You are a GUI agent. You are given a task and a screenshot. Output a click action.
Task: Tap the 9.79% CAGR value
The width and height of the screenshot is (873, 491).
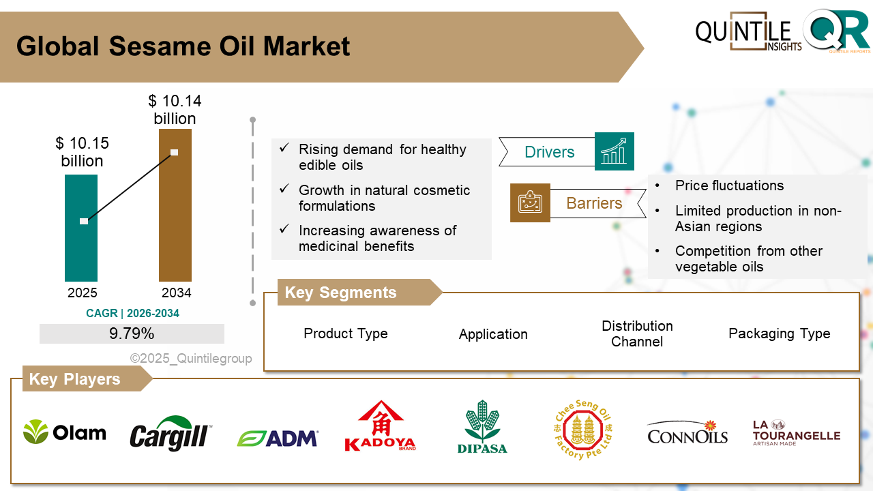132,333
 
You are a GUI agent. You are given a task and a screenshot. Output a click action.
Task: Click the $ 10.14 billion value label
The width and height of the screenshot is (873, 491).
175,110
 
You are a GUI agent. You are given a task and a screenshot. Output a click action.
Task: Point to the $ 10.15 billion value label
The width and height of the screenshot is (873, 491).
82,152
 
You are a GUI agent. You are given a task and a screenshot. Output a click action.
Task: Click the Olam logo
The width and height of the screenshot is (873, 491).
65,432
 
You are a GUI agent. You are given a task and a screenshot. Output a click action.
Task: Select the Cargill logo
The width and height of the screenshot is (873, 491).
171,434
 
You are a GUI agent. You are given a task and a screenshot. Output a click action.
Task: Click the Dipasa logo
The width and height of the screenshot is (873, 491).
482,427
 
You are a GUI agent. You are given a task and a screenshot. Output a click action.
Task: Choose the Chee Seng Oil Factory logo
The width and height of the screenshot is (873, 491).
582,430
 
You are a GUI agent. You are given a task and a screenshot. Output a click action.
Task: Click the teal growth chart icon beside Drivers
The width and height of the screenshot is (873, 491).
614,151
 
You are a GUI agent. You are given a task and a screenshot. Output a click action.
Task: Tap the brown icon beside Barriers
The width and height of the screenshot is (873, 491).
530,203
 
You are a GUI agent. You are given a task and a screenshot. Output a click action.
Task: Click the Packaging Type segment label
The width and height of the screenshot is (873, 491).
779,333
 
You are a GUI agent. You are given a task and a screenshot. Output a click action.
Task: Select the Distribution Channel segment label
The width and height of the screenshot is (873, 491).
637,333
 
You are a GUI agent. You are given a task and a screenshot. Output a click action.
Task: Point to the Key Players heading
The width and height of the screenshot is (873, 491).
74,379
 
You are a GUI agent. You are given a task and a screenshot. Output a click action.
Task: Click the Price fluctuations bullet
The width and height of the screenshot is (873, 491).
729,185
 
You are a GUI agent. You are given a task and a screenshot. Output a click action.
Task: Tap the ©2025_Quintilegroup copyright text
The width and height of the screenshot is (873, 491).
191,359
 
